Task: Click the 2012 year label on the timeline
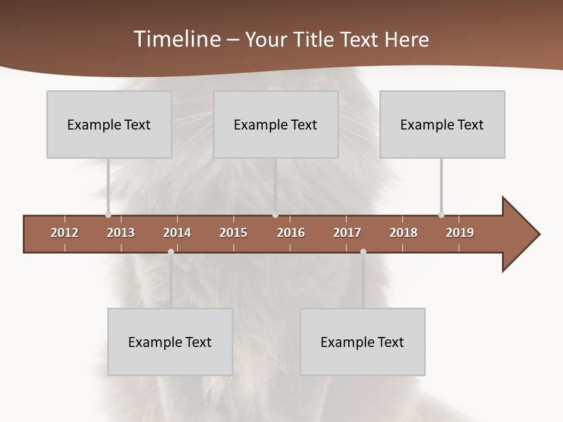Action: [65, 233]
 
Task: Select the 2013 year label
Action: [121, 233]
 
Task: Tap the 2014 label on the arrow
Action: [177, 233]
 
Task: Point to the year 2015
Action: [233, 233]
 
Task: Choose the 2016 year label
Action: [291, 233]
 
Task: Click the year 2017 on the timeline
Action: [347, 233]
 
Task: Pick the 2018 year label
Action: [403, 233]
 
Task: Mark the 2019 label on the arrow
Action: [460, 233]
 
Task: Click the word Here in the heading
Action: [406, 39]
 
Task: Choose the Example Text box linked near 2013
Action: [109, 124]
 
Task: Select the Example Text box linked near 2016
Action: [276, 124]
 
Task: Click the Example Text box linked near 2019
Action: [442, 124]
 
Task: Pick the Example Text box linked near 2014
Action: [170, 342]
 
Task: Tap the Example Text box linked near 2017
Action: [362, 342]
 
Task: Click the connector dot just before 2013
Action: [108, 215]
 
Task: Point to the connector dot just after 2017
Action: [363, 251]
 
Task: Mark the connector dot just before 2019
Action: [441, 215]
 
